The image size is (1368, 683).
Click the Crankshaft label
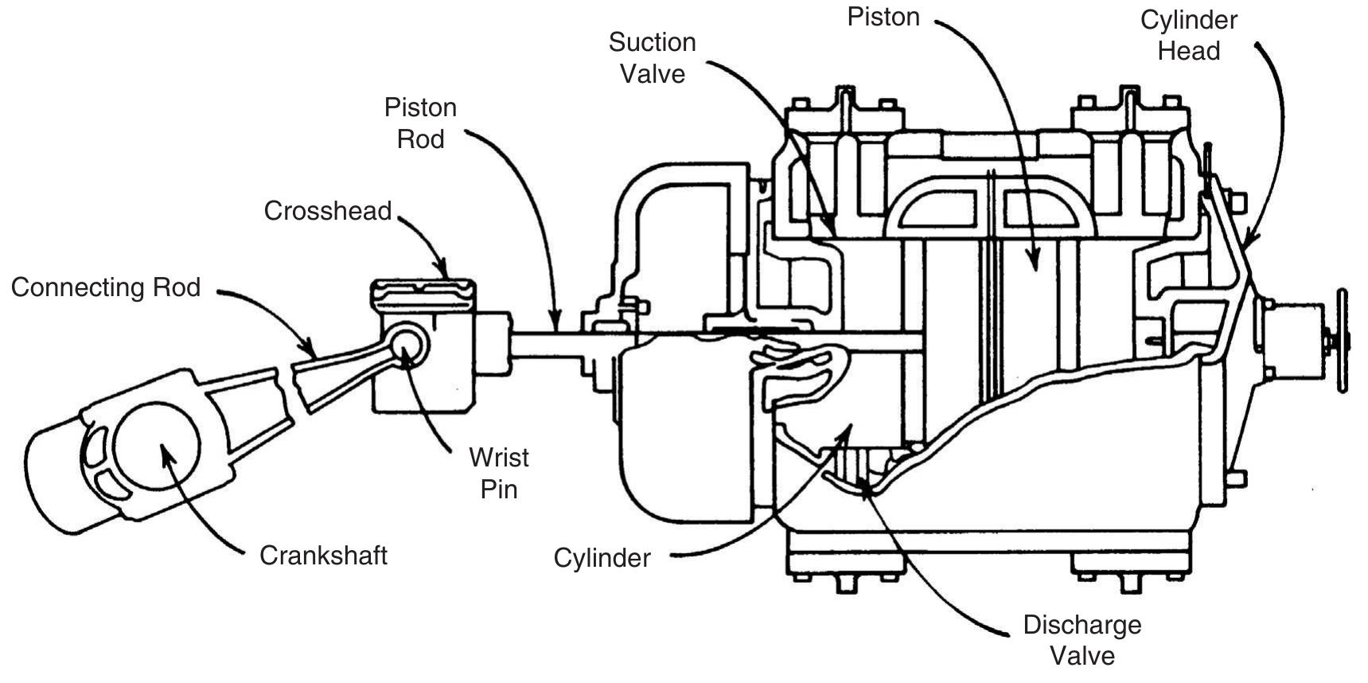pos(323,555)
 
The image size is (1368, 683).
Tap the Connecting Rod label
pos(106,287)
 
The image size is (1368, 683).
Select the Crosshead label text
pos(328,211)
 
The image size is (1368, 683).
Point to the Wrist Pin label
pos(499,473)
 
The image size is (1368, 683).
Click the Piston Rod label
pos(420,123)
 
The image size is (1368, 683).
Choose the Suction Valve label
pos(652,58)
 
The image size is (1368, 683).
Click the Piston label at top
pos(883,18)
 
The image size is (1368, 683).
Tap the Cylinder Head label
pos(1188,35)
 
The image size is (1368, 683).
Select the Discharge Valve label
pos(1082,640)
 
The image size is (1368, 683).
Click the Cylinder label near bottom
pos(602,558)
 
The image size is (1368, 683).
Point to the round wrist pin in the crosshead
pos(408,342)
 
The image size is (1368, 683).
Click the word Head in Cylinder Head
pos(1188,51)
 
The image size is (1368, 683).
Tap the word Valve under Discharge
pos(1082,656)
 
